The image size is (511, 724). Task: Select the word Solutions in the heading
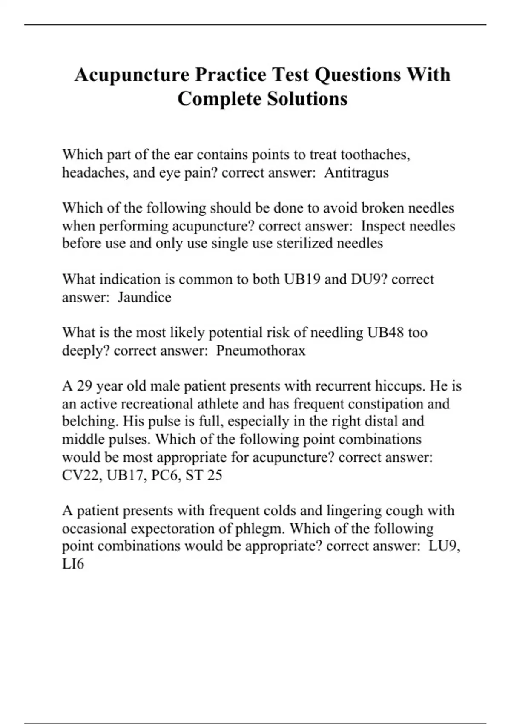coord(307,99)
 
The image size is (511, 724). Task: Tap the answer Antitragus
coord(356,173)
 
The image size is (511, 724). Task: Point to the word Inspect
coord(380,226)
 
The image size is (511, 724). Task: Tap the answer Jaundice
coord(144,297)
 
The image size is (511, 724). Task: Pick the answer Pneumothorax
coord(261,351)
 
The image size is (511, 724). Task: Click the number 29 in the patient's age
coord(84,386)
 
